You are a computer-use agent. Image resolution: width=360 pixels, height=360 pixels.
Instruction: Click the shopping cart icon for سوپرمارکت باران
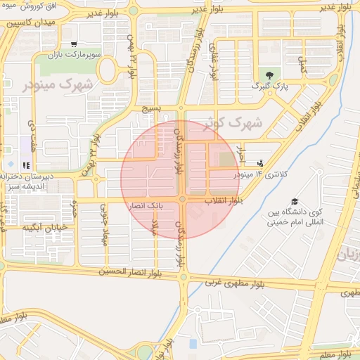[x=74, y=44]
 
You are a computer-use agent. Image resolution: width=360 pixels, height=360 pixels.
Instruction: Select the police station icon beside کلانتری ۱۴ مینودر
[x=260, y=163]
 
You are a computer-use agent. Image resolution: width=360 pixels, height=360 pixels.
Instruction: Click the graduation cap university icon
[x=294, y=202]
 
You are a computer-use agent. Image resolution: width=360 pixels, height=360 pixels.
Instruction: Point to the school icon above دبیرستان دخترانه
[x=27, y=166]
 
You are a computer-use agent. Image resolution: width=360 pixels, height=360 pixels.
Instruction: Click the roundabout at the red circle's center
[x=181, y=200]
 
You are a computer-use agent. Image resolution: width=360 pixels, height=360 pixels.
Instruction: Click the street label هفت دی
[x=32, y=132]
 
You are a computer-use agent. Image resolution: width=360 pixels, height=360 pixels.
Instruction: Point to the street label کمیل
[x=303, y=67]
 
